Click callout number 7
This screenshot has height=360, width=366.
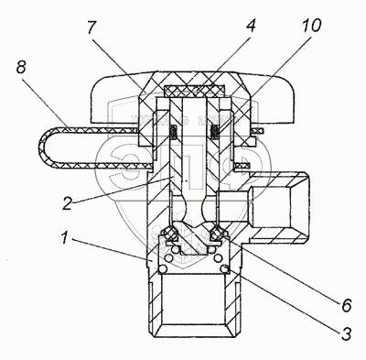point(91,27)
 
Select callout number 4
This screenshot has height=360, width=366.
point(250,26)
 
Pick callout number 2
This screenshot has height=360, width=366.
point(67,202)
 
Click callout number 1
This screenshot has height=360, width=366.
point(64,237)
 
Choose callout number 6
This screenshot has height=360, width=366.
point(346,305)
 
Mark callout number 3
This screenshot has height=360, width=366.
point(346,333)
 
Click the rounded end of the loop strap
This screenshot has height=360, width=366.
point(43,147)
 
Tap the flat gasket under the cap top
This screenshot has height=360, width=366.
point(194,90)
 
